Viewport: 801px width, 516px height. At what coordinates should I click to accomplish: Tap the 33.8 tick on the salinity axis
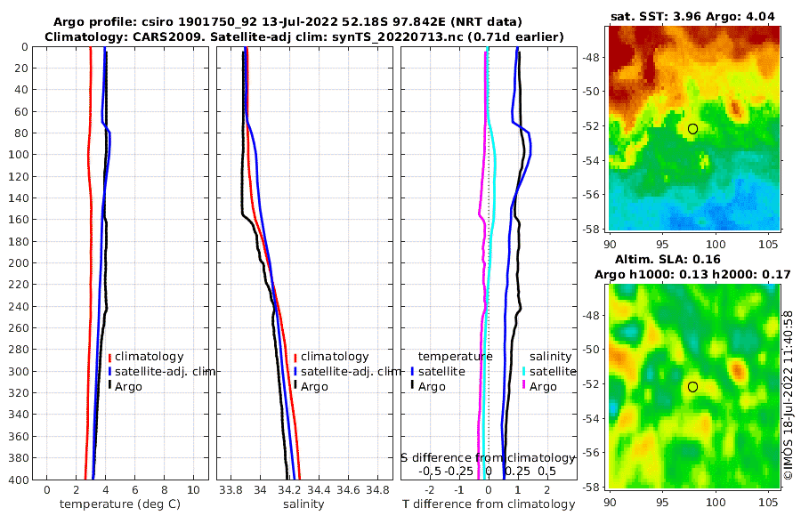(231, 490)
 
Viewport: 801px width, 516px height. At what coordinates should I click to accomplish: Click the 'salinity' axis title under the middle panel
(303, 504)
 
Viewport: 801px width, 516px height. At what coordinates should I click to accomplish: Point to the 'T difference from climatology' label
(489, 504)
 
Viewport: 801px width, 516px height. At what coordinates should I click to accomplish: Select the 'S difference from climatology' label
(488, 457)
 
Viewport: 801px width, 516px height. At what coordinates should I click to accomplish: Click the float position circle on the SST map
(692, 129)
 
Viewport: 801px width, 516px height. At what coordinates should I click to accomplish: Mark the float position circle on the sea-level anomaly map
(692, 387)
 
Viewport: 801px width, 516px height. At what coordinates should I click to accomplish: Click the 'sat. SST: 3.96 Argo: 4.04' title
(693, 17)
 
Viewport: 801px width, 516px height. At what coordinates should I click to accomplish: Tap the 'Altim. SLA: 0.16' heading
(693, 260)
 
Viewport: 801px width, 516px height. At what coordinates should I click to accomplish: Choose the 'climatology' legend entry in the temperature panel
(148, 357)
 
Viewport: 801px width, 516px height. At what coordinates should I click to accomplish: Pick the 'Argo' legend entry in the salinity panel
(313, 387)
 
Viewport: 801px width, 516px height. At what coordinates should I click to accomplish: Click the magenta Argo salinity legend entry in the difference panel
(540, 387)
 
